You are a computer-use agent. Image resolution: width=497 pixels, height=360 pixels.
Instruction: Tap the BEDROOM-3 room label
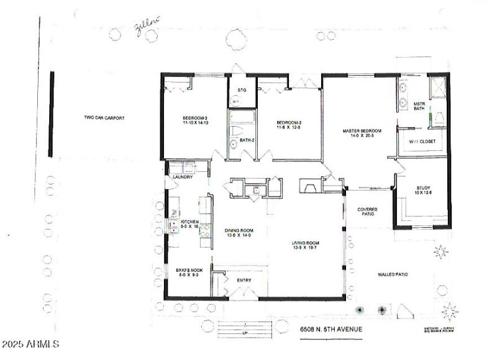194,120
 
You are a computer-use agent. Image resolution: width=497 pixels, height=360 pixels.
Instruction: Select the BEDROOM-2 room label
289,125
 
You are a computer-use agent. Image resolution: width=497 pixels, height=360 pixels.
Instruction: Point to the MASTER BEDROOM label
362,133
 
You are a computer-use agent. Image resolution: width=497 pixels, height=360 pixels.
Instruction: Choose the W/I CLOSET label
422,142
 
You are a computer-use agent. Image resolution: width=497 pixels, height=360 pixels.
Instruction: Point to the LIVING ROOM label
306,245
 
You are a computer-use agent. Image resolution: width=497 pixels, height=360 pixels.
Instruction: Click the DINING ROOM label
239,233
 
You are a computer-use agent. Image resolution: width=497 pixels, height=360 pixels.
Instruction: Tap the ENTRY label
245,281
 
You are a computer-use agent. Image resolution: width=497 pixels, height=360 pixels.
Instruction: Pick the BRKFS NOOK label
188,273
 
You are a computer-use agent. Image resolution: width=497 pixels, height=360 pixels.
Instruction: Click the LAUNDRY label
183,177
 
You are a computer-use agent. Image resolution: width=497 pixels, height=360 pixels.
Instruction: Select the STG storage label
242,91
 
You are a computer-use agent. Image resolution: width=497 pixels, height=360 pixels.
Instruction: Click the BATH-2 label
247,140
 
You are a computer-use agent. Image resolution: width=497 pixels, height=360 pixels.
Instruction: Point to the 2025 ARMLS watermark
30,343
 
